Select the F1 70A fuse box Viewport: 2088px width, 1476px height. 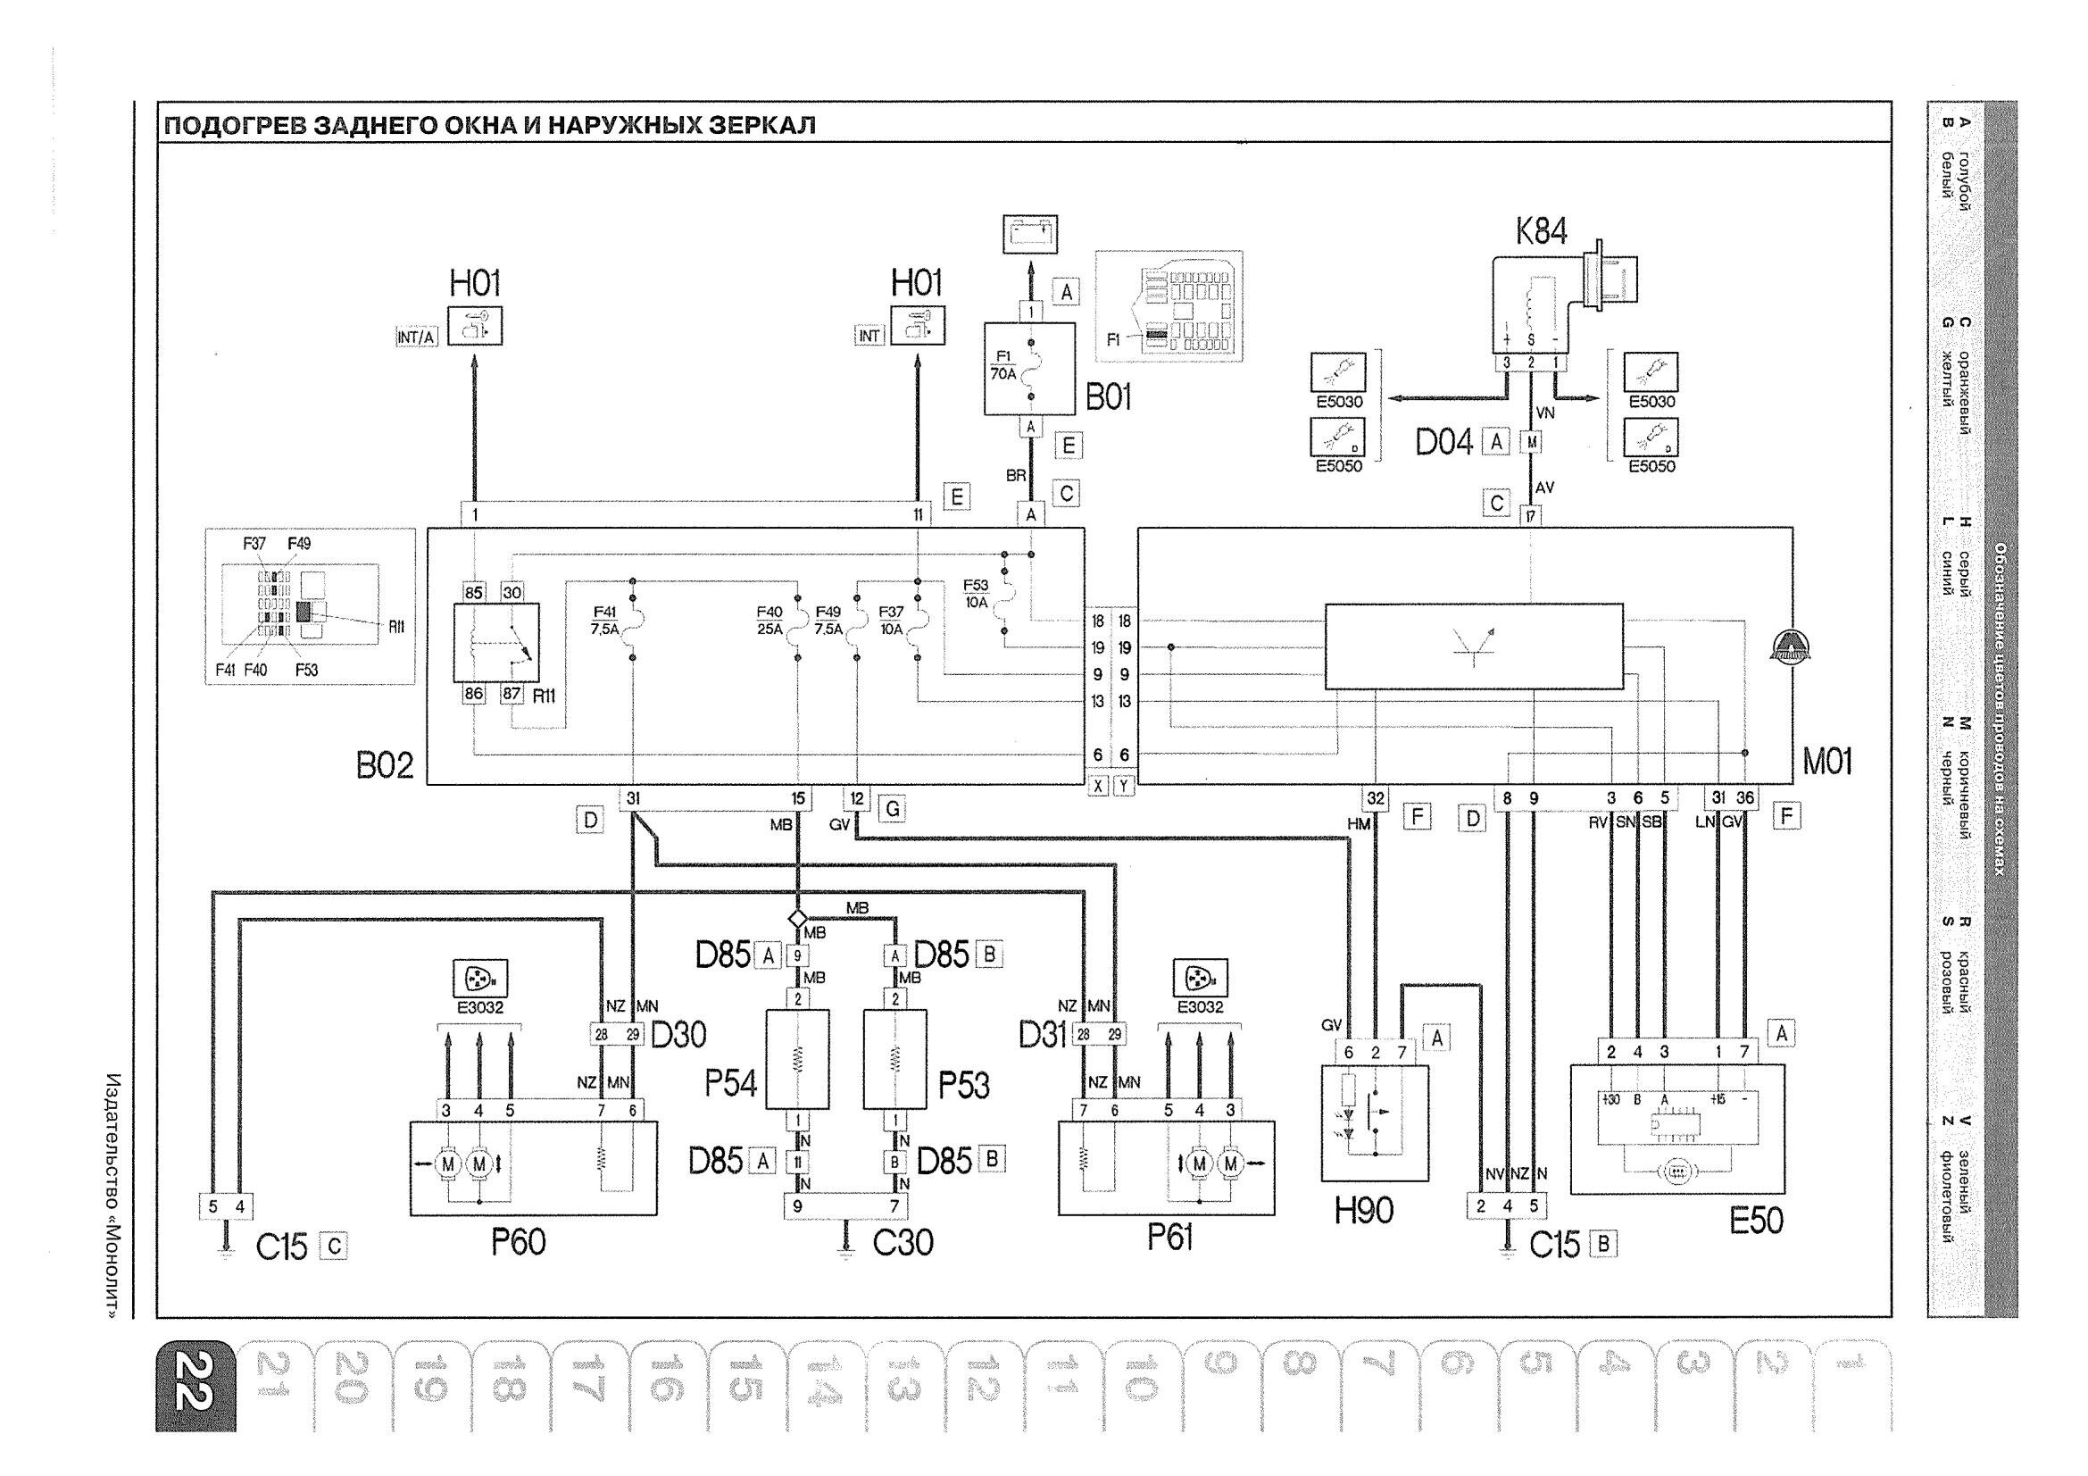point(1029,368)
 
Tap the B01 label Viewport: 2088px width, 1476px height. point(1109,397)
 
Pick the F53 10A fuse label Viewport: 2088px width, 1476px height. point(976,593)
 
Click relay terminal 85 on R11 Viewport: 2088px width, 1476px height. point(474,592)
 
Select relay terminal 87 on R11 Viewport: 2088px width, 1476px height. point(512,694)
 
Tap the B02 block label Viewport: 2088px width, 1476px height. point(385,766)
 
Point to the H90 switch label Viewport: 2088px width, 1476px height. point(1364,1210)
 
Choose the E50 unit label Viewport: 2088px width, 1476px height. point(1756,1221)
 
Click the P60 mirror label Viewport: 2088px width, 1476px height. point(519,1241)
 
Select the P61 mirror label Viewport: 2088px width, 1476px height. point(1169,1237)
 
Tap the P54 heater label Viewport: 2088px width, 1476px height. point(731,1083)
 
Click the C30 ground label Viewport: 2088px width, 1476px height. point(903,1242)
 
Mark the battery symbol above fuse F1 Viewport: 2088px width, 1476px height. point(1030,234)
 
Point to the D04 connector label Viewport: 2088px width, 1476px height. point(1444,443)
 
